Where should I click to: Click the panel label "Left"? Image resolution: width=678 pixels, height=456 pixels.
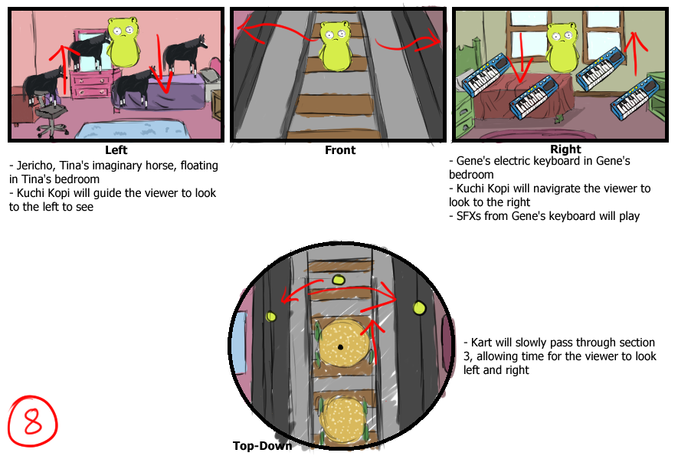coord(116,150)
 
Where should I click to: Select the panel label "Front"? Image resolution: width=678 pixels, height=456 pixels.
coord(340,150)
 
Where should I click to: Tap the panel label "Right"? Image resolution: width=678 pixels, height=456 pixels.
coord(565,149)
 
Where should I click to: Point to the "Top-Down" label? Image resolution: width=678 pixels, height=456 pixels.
coord(262,445)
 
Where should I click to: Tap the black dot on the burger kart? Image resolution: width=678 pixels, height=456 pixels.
coord(340,347)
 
